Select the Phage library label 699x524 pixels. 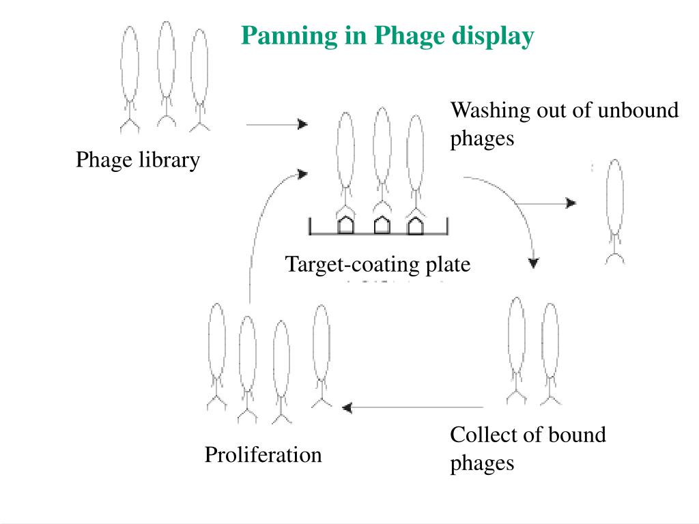[137, 160]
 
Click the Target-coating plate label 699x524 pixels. [377, 264]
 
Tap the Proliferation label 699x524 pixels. [263, 454]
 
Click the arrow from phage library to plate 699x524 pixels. [276, 125]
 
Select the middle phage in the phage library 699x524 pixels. [166, 75]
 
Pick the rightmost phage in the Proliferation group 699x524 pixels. [320, 355]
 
